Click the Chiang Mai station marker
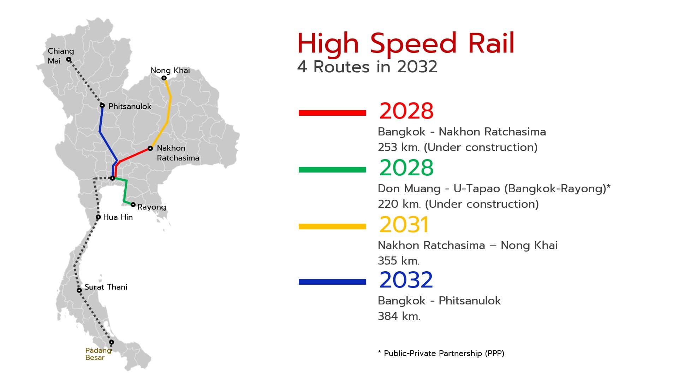pos(69,59)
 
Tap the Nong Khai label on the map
pos(170,71)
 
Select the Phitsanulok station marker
pos(102,105)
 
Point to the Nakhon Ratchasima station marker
pos(150,149)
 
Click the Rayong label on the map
pos(151,207)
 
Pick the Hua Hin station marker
pos(98,217)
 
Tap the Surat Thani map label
pos(106,287)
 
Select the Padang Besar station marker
pos(112,342)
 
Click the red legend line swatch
pos(332,113)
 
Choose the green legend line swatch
pos(332,170)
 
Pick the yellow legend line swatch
pos(332,226)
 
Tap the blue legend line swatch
pos(332,282)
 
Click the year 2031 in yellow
pos(404,225)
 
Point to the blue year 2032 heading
pos(406,280)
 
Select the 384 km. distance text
pos(399,316)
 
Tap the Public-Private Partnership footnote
pos(441,353)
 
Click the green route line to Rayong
pos(125,190)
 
